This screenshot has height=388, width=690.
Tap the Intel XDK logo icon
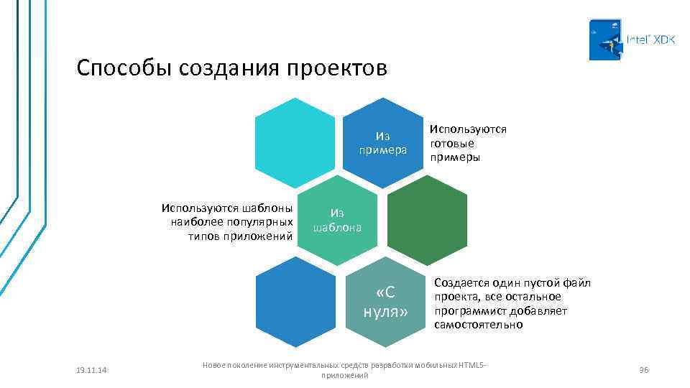(x=605, y=40)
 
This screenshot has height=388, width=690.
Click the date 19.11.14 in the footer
(x=91, y=369)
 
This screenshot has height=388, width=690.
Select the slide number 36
(x=644, y=369)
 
